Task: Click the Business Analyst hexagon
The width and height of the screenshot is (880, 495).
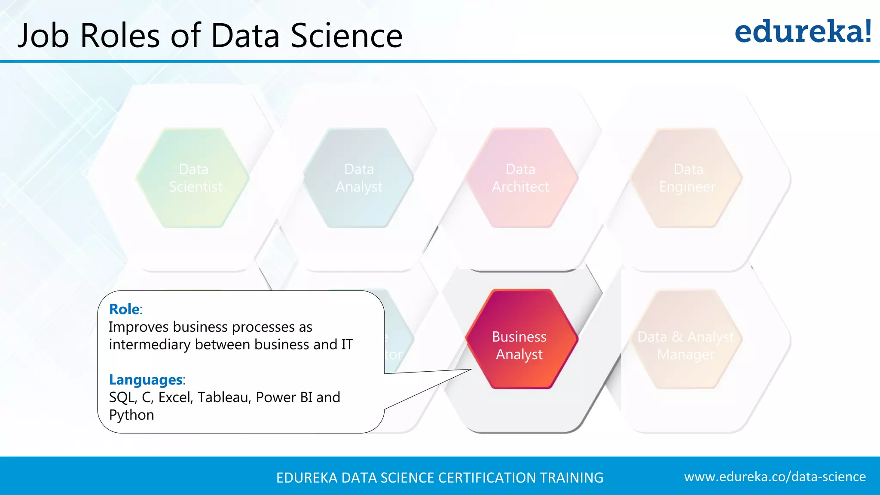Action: [521, 339]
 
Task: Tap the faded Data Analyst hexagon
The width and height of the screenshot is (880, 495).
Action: [359, 178]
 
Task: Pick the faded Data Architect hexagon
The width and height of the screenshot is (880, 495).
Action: [520, 178]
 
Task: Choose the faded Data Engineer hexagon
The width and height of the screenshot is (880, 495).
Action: [687, 178]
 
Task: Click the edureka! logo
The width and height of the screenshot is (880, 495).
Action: [803, 32]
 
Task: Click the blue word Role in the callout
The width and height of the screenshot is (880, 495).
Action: [124, 309]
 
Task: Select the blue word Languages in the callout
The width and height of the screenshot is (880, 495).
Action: [146, 379]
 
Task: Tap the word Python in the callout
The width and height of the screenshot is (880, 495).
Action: [131, 415]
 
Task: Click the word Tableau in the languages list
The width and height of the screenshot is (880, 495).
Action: [224, 397]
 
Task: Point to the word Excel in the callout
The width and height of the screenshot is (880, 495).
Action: [174, 397]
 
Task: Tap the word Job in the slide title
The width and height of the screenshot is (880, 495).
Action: [43, 36]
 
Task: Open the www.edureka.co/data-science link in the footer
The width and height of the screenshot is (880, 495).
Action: [775, 477]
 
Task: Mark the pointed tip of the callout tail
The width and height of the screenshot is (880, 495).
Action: [471, 370]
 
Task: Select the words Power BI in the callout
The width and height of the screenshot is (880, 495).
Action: [284, 397]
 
